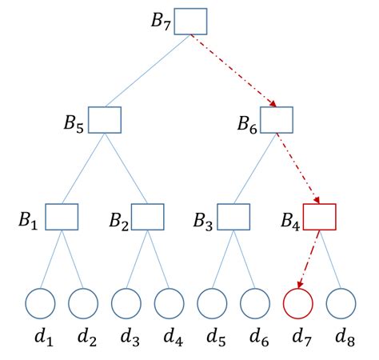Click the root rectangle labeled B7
click(190, 21)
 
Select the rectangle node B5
click(104, 119)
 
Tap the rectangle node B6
click(277, 119)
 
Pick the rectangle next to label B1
click(61, 217)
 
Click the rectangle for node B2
click(147, 217)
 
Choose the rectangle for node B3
click(233, 217)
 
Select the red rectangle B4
click(320, 217)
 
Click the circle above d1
click(40, 303)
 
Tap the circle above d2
click(83, 303)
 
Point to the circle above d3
click(126, 303)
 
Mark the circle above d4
click(170, 303)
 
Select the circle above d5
click(213, 303)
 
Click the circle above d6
click(255, 303)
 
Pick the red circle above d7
click(298, 303)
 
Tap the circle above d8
click(341, 303)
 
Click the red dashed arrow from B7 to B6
click(233, 70)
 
